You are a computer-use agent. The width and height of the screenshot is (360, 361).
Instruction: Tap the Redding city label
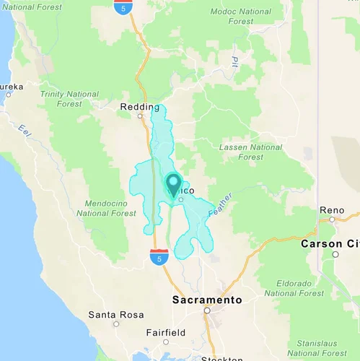click(139, 107)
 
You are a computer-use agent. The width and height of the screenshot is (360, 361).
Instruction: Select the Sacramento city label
click(206, 299)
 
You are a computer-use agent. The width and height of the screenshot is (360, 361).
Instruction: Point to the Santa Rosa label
click(115, 315)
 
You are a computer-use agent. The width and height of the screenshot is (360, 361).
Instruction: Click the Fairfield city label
click(165, 332)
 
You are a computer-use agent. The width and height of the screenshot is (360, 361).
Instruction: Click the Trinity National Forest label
click(70, 99)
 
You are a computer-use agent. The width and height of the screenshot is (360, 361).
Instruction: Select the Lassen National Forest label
click(250, 152)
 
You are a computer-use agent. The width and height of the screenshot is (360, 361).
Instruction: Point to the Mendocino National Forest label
click(106, 208)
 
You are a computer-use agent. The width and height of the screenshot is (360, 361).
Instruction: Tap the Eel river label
click(26, 131)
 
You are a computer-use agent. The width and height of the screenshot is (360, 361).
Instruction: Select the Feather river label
click(221, 206)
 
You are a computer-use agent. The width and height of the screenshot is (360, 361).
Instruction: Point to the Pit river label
click(235, 62)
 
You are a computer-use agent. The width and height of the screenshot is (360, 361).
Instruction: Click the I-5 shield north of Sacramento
click(159, 256)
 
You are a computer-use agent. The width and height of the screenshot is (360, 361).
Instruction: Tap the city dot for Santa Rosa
click(116, 324)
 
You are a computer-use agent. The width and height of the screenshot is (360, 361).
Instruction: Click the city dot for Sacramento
click(206, 310)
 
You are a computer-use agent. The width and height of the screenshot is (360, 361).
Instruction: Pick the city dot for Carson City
click(335, 254)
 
